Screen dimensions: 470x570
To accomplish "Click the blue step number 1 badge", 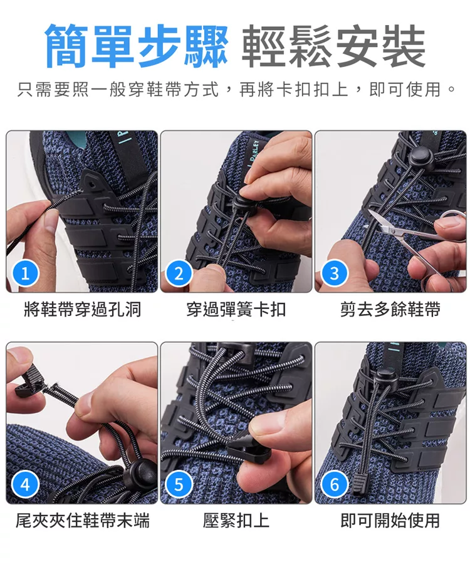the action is point(25,273).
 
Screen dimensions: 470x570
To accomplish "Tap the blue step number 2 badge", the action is point(179,273).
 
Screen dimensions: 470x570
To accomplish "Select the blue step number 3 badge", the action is point(334,273).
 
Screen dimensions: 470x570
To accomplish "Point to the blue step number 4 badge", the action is point(25,484).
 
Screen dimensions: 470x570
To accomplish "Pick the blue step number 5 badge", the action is point(179,484).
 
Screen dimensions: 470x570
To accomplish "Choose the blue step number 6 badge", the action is point(334,484).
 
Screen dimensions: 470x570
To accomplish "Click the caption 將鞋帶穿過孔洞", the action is point(82,310).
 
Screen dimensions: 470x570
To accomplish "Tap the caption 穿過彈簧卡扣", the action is point(236,310).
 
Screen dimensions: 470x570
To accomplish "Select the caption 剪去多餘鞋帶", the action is point(390,310).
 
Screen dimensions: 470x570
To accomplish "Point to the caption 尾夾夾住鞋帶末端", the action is point(82,521).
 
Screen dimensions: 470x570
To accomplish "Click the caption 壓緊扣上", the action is point(236,521).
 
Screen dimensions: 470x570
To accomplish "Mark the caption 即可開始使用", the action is point(390,521).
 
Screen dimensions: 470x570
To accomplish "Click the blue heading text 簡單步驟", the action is point(137,46).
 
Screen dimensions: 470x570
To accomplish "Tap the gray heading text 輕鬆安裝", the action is point(333,46).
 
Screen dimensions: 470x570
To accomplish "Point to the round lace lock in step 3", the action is point(420,156).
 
